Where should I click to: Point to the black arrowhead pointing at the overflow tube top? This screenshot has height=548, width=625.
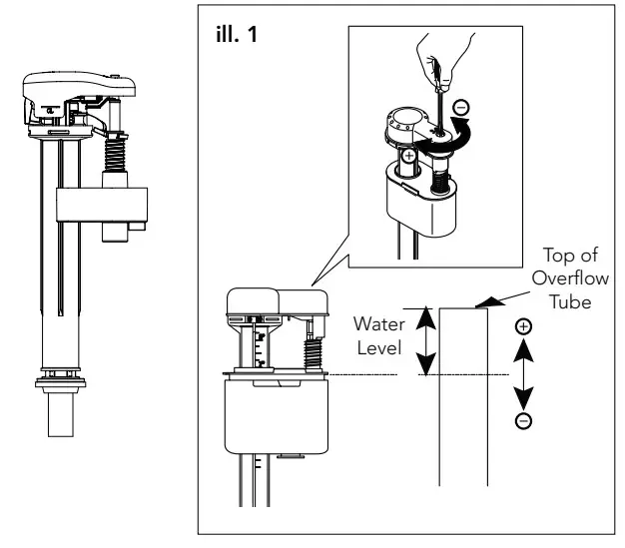pos(488,299)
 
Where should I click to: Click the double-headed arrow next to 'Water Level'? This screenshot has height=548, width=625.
pos(424,341)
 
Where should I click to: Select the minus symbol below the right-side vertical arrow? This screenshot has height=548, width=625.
pos(523,420)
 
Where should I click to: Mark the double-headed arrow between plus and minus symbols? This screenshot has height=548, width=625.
pos(523,374)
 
